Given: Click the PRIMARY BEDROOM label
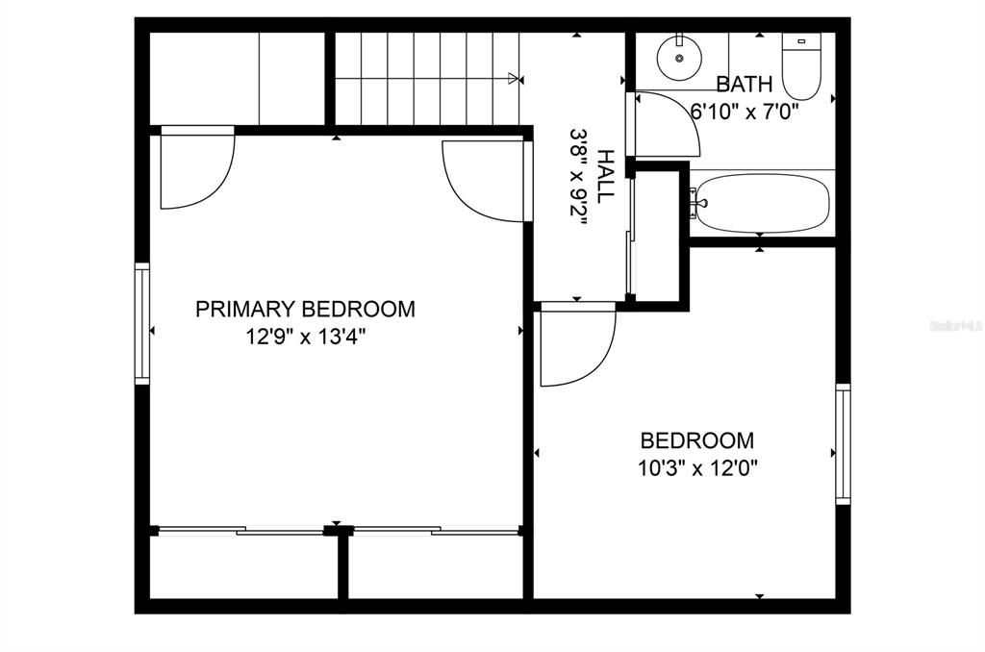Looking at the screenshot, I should (305, 309).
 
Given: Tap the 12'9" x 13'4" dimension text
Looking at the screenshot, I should (305, 338).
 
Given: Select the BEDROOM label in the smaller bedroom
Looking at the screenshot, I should (697, 440).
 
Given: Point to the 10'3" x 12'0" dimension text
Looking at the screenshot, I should (697, 469).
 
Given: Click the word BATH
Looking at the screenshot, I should (744, 84).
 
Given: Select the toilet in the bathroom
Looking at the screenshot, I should (799, 65).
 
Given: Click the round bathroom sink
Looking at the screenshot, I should (679, 58).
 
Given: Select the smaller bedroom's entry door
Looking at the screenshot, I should (574, 343).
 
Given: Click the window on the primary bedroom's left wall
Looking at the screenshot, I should (142, 323).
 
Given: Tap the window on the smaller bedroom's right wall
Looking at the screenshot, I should (843, 443).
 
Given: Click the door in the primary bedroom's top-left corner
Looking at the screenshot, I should (195, 169).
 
